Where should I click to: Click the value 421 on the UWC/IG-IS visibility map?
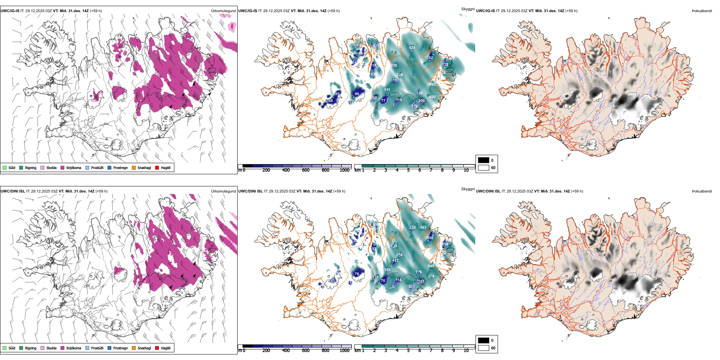point(412,48)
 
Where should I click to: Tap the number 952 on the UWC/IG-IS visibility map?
point(432,85)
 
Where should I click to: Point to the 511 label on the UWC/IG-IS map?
point(387,90)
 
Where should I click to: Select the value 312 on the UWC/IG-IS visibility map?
point(414,106)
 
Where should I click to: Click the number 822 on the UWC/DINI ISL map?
point(423,227)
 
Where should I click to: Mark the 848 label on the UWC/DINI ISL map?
point(431,266)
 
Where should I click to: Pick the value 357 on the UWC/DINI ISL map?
point(412,287)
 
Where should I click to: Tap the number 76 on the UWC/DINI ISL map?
point(357,274)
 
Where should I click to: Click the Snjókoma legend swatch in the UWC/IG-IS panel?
point(63,167)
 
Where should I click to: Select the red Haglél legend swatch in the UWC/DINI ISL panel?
point(157,348)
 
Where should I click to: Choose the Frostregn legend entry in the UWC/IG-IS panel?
point(110,167)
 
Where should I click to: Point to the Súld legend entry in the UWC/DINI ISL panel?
point(5,348)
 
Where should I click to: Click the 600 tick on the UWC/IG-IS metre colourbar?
point(306,170)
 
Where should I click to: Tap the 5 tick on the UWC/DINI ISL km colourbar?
point(408,351)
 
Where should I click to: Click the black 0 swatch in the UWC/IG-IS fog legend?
point(484,160)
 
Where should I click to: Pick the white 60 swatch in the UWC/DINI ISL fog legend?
point(484,348)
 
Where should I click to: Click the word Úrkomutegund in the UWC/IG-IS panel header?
point(223,11)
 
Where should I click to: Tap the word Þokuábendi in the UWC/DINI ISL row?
point(702,191)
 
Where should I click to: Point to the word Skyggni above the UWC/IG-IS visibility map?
point(468,9)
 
